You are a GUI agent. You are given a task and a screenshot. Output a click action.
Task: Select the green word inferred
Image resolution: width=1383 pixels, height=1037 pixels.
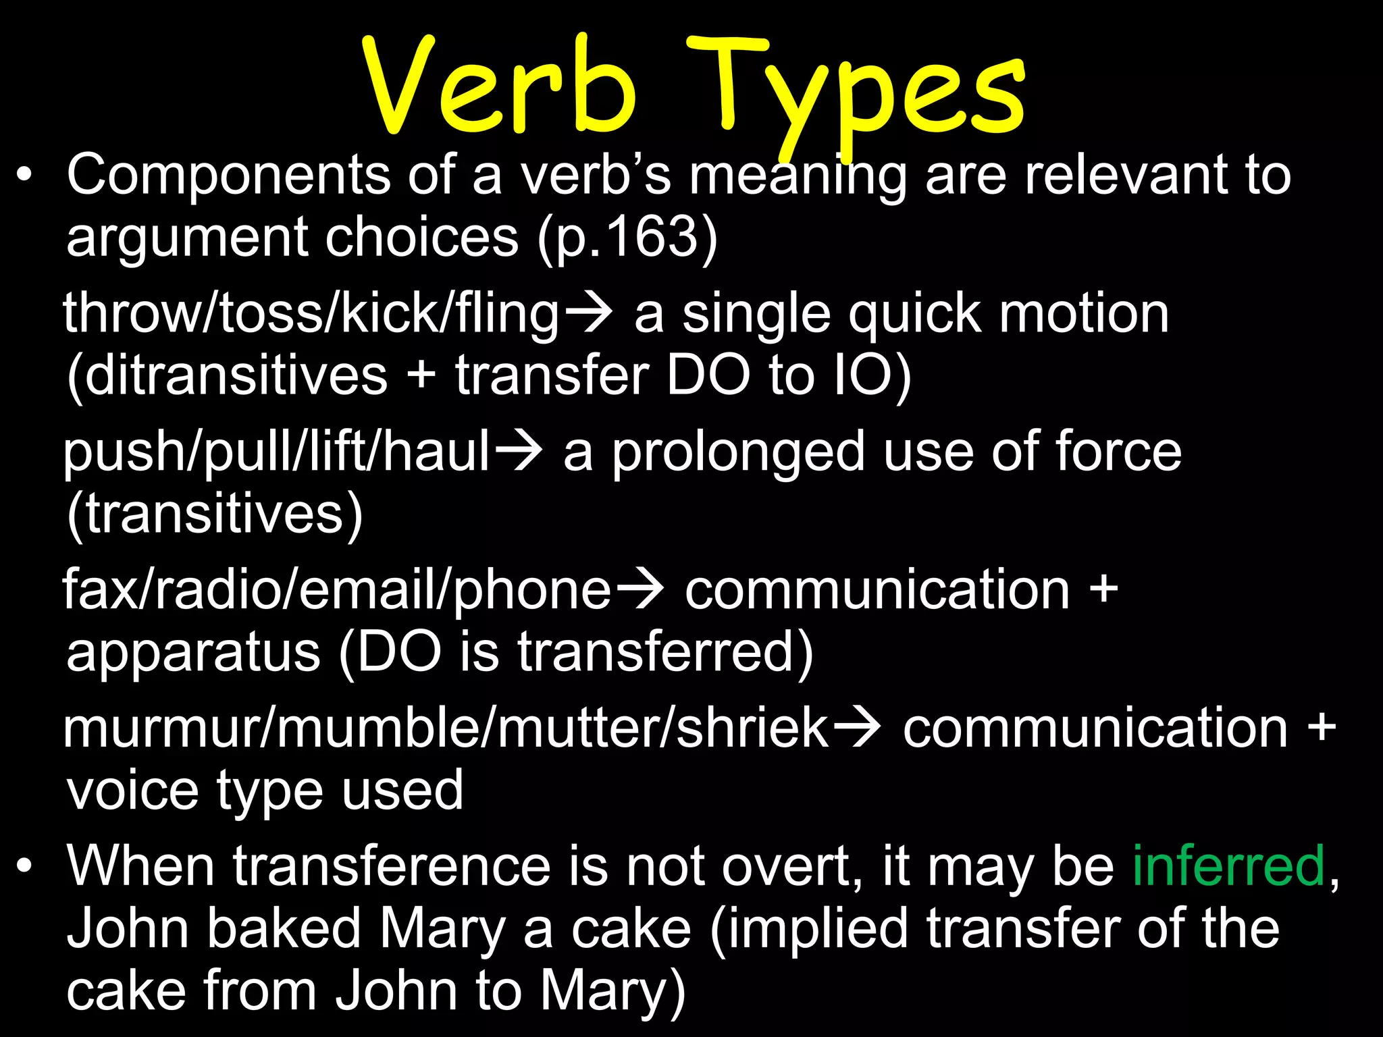tap(1228, 866)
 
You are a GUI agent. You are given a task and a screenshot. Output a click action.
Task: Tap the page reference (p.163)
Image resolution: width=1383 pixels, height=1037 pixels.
tap(628, 238)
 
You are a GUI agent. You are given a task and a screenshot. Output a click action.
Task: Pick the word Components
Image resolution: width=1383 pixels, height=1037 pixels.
tap(229, 176)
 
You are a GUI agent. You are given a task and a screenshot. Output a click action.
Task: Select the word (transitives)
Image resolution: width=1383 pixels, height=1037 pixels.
tap(215, 514)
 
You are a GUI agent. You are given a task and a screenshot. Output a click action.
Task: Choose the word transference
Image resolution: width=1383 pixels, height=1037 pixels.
tap(392, 866)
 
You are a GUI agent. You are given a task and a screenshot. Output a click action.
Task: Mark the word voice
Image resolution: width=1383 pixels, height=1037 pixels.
tap(132, 791)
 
